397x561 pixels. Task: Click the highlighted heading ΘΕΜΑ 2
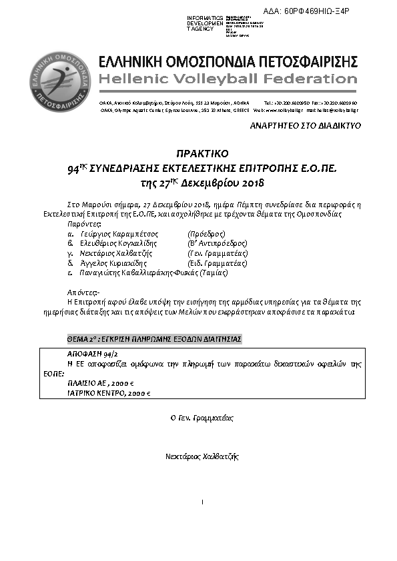tap(154, 339)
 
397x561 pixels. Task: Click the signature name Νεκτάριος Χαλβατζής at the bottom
tap(202, 456)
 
